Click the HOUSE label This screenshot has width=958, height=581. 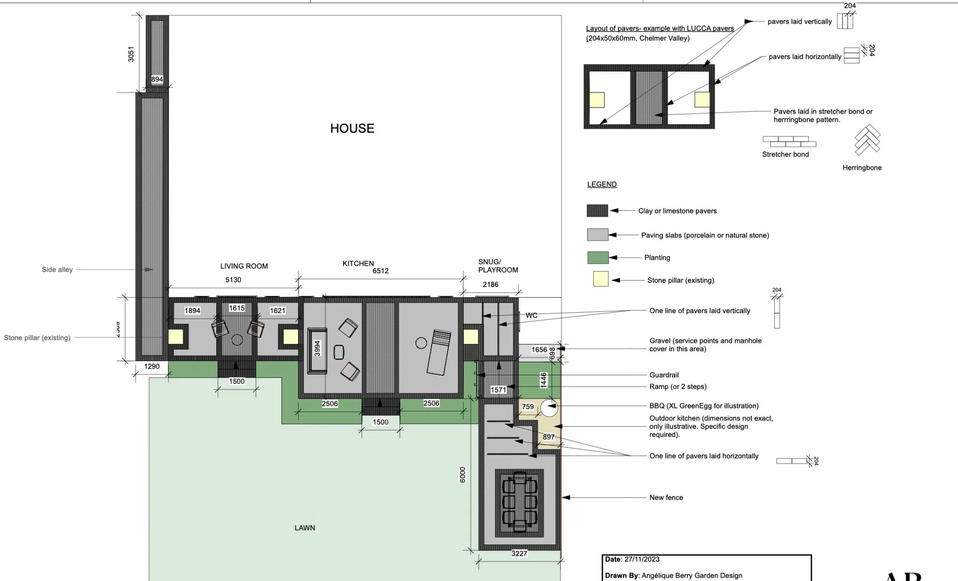coord(352,129)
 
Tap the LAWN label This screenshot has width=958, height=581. coord(304,528)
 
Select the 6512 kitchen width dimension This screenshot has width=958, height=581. coord(380,271)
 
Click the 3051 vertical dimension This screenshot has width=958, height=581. coord(131,54)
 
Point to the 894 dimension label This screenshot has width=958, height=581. coord(157,79)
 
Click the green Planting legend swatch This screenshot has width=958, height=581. coord(598,258)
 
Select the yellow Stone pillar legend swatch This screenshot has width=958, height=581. coord(600,279)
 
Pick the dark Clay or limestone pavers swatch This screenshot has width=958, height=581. coord(597,210)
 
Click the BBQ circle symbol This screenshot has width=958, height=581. coord(549,407)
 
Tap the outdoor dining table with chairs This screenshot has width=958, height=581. coord(519,501)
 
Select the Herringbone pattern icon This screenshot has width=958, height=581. coord(867,140)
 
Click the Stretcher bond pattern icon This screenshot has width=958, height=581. coord(789,141)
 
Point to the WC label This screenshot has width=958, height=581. coord(531,315)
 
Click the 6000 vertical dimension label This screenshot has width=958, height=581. coord(463,475)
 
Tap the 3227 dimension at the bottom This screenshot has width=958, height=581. coord(519,554)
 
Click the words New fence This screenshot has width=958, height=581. coord(666,497)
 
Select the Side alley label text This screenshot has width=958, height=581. coord(57,270)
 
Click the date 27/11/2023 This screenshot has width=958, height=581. coord(642,559)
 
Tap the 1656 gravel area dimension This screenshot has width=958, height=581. coord(539,350)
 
